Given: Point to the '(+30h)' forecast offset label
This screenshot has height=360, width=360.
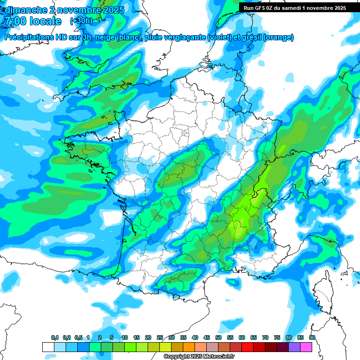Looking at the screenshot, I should tap(81, 21).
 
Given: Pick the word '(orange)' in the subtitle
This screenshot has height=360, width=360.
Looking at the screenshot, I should tap(279, 37).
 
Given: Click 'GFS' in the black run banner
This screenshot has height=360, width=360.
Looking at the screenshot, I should tap(263, 8).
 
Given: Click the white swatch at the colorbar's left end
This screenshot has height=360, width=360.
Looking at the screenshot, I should tap(48, 347).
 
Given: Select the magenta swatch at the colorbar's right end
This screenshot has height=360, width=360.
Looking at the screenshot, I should tap(306, 347).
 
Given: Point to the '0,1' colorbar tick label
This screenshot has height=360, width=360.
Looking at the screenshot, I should tap(55, 337).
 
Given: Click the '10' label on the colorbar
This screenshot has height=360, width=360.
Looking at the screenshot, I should tap(125, 337).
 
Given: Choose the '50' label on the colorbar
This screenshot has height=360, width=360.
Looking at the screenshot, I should tap(218, 337).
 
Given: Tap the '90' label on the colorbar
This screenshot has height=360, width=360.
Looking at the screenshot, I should tap(312, 337).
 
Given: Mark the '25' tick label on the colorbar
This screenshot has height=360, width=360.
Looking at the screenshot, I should tap(160, 337).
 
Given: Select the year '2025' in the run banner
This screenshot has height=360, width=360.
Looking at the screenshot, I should tap(337, 8).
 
